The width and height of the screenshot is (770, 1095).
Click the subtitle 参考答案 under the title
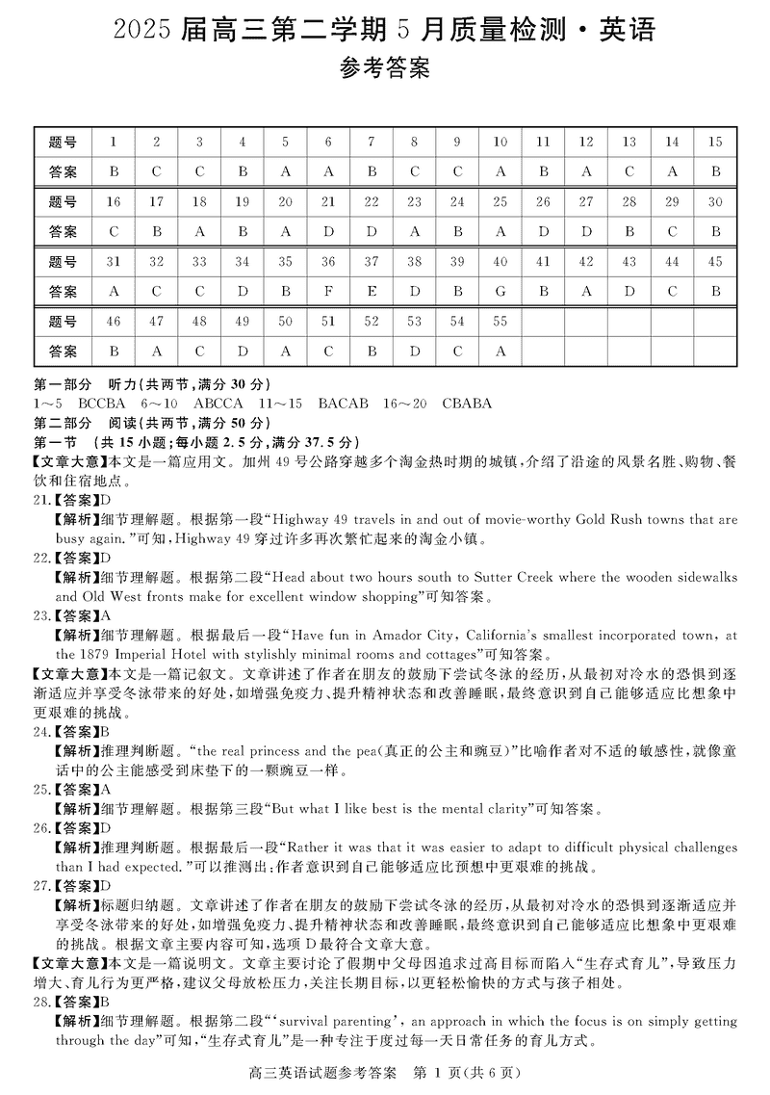click(x=385, y=69)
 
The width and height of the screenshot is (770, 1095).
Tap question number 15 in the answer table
click(x=714, y=143)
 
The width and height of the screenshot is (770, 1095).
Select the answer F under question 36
click(x=328, y=292)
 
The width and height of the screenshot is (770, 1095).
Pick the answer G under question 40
click(x=500, y=292)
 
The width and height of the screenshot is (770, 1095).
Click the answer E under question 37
click(x=372, y=292)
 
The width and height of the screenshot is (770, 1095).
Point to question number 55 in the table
click(x=500, y=322)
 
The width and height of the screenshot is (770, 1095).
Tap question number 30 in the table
click(x=714, y=202)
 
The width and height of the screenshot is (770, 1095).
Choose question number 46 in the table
click(x=114, y=322)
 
